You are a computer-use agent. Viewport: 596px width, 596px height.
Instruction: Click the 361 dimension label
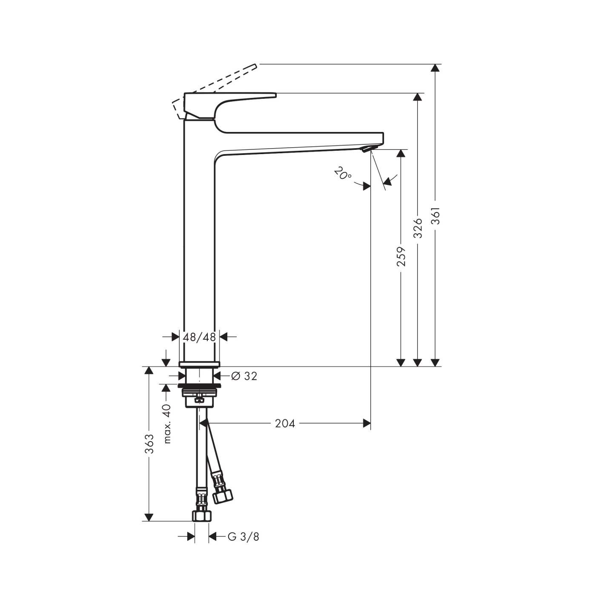coord(435,215)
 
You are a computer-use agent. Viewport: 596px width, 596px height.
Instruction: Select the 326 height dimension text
coord(418,228)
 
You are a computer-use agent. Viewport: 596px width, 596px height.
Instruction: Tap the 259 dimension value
coord(401,256)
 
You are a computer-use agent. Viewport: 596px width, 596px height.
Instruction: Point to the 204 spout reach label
coord(285,423)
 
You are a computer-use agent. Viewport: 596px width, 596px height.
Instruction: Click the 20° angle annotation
coord(342,173)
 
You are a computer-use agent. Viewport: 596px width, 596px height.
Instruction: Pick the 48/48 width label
coord(199,337)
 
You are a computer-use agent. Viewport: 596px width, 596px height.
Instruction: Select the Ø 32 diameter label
coord(244,376)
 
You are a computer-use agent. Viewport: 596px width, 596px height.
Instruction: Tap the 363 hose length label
coord(149,444)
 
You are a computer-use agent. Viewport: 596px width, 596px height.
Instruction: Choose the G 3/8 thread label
coord(243,537)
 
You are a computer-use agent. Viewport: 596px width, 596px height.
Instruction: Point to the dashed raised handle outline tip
coord(255,66)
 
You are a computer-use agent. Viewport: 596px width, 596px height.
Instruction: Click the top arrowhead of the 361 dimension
coord(435,68)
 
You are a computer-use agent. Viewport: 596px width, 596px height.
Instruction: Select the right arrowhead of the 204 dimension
coord(367,423)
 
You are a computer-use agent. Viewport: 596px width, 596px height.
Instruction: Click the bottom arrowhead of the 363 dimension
coord(149,517)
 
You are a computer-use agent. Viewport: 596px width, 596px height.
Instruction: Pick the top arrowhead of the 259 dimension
coord(401,153)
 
